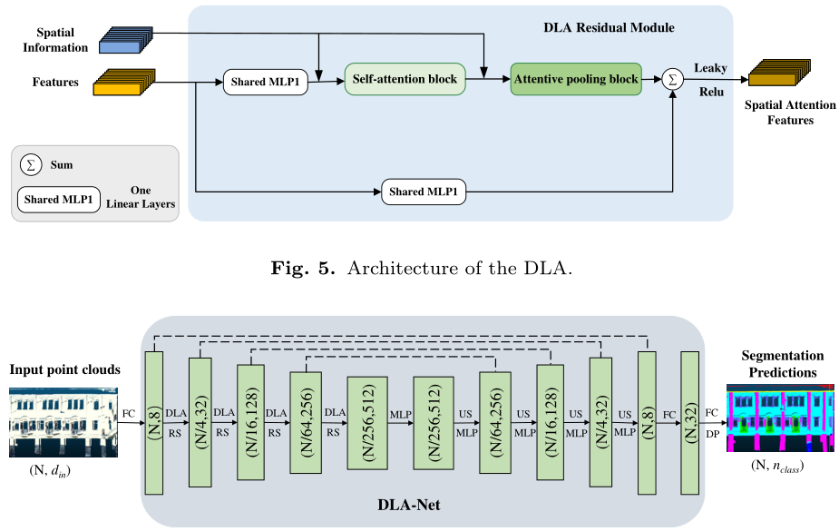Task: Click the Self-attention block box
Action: point(405,80)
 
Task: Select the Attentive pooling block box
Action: point(576,80)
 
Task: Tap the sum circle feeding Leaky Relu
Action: point(673,79)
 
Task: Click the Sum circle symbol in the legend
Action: point(31,165)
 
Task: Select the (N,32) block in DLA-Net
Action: point(689,423)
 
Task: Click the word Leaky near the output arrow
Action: point(711,68)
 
